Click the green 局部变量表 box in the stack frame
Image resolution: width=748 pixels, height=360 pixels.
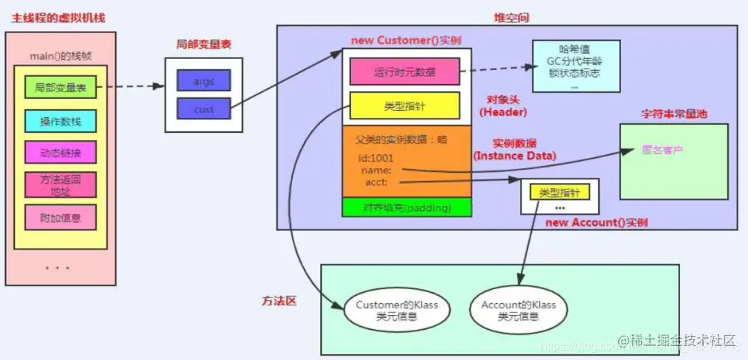point(60,88)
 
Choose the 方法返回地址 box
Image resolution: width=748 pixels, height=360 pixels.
point(60,185)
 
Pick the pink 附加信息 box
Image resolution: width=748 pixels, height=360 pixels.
point(60,218)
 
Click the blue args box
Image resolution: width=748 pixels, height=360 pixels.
point(204,81)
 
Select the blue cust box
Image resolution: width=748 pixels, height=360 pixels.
point(204,109)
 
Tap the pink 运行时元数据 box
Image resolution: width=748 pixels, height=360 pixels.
point(404,72)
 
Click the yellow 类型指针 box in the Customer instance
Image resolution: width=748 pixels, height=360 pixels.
point(404,106)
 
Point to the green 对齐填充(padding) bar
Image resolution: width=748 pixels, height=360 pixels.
point(406,207)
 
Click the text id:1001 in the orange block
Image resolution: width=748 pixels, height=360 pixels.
point(377,157)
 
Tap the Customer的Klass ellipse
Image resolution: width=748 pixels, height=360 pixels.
point(387,311)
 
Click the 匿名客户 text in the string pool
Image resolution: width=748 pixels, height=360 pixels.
point(663,150)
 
